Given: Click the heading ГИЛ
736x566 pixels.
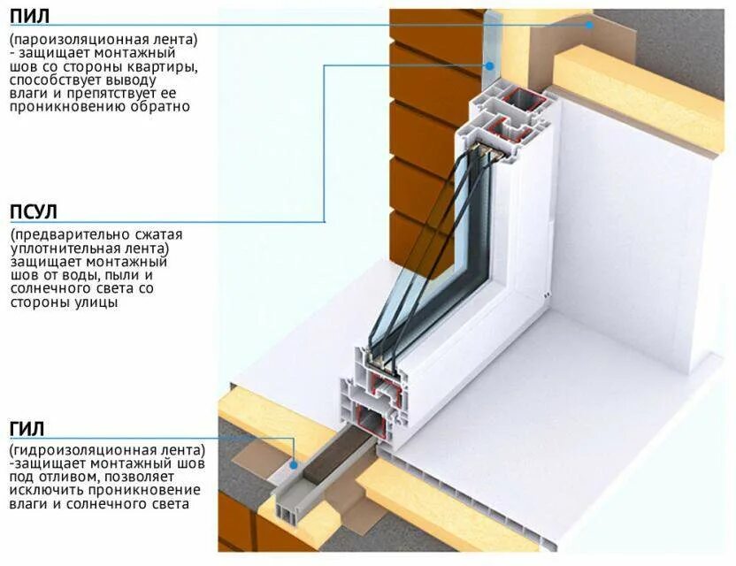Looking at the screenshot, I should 27,428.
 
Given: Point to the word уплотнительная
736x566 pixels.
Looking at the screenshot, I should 63,249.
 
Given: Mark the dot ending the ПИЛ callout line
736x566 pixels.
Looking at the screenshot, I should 589,25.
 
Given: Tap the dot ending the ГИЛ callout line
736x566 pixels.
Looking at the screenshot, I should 293,462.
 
